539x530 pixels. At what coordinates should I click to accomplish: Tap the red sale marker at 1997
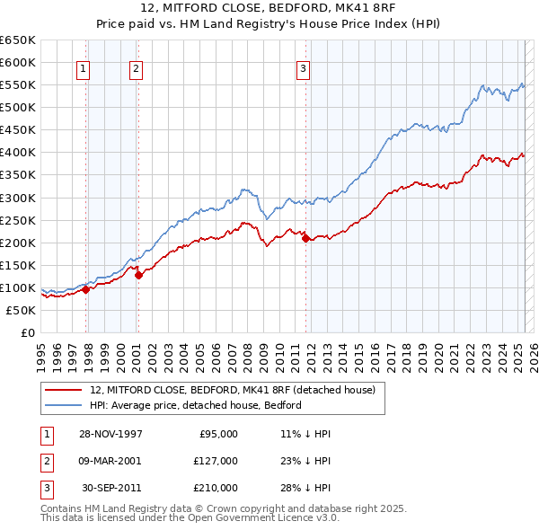[x=86, y=289]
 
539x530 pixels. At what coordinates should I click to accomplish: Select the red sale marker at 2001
[x=138, y=276]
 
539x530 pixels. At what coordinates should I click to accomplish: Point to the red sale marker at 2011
[x=305, y=238]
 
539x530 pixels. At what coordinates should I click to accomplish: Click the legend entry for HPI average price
[x=195, y=405]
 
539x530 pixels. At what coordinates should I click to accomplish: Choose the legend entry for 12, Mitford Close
[x=237, y=390]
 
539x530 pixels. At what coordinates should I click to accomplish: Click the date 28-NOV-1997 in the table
[x=110, y=434]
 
